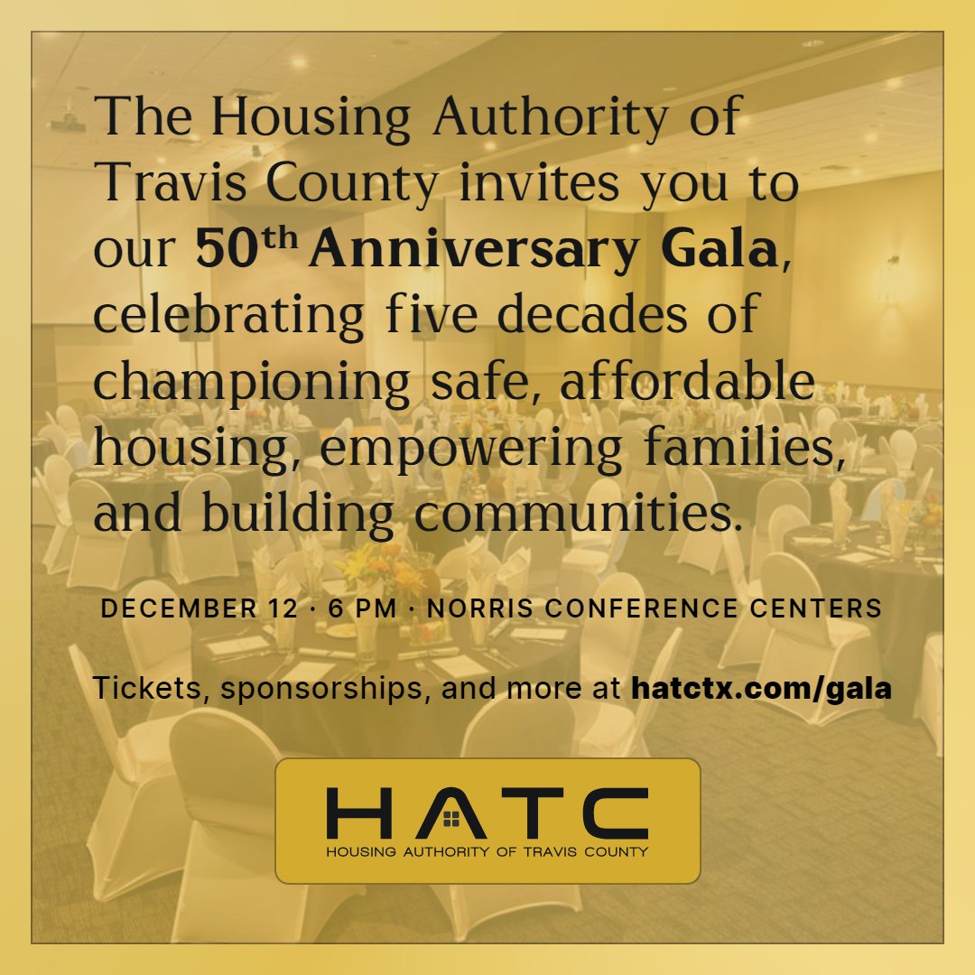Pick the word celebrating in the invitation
228,315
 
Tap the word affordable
686,379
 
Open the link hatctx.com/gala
761,688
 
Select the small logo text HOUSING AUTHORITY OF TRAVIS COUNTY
487,851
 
